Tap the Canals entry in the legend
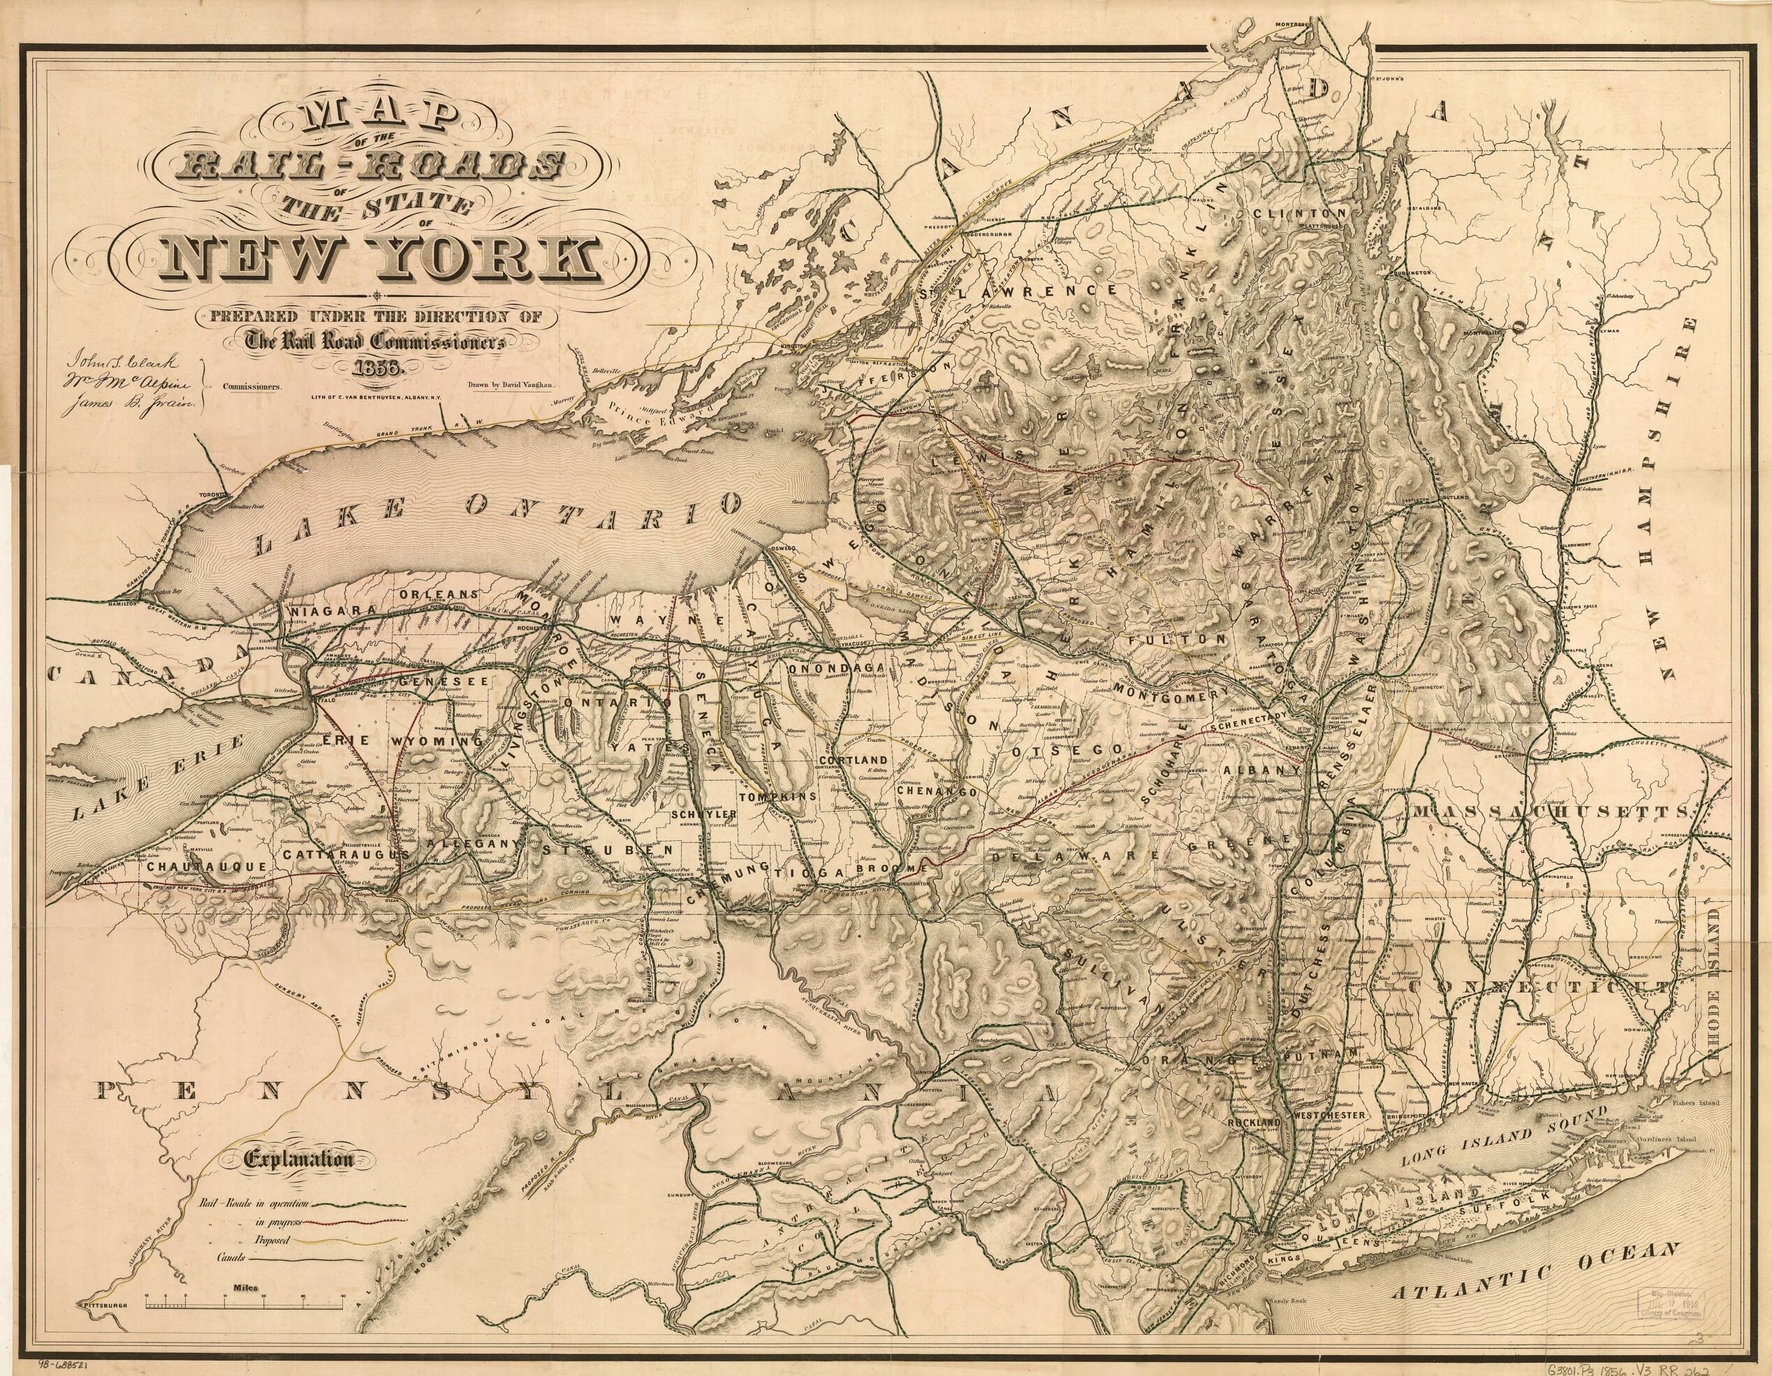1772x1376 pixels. click(231, 1257)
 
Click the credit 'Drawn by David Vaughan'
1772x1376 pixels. click(511, 387)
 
